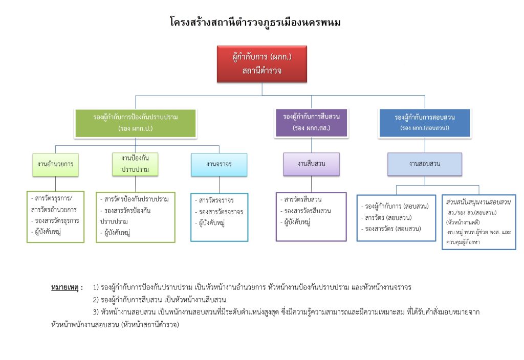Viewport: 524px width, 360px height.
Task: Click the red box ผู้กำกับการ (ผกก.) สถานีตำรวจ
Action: coord(262,64)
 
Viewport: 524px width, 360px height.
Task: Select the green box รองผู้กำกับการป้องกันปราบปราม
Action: coord(136,123)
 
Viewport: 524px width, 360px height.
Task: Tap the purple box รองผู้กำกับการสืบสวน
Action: coord(311,122)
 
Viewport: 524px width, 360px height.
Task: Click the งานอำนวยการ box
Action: coord(55,164)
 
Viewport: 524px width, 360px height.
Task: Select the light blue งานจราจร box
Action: coord(219,164)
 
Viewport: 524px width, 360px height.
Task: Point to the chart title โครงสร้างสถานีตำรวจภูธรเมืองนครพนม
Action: coord(255,22)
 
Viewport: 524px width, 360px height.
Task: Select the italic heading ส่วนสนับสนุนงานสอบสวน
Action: coord(478,202)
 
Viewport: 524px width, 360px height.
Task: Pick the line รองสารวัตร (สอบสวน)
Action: coord(391,229)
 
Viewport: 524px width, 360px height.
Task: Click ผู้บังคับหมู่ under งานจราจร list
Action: coord(210,223)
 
